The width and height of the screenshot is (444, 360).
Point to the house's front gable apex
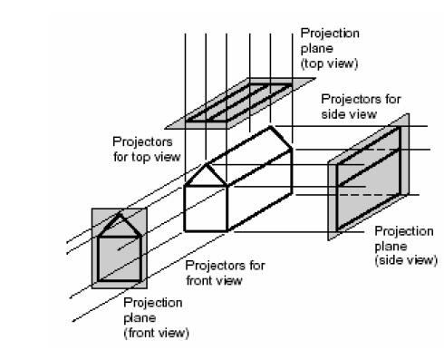coord(208,163)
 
